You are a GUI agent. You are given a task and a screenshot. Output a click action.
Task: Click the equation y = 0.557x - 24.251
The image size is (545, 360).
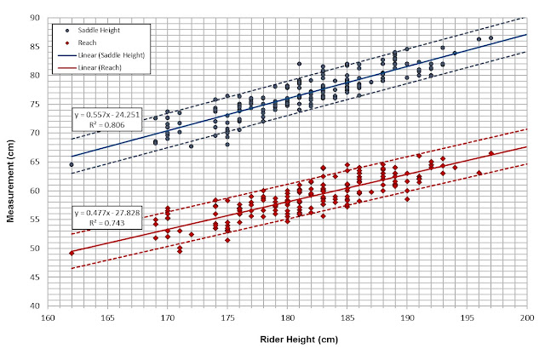107,115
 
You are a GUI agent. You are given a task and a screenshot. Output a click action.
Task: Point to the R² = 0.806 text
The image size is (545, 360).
107,125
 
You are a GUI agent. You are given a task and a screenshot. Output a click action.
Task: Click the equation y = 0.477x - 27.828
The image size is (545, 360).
107,213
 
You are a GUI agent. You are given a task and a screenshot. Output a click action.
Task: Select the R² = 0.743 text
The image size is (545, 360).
107,223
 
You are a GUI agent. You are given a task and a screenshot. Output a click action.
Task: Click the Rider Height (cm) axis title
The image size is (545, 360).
299,340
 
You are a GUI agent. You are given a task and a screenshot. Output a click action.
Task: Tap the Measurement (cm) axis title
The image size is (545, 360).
11,180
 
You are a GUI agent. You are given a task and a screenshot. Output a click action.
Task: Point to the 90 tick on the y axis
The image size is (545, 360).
35,18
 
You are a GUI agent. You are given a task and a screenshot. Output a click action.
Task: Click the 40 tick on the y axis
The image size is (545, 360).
35,306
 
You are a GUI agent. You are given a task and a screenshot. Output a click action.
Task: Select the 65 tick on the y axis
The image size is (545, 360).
35,162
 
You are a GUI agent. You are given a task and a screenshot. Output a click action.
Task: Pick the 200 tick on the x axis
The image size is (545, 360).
527,318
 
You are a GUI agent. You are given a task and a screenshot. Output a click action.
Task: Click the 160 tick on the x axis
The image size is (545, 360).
48,318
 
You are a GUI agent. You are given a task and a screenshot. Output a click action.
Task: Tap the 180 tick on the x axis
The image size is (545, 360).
288,318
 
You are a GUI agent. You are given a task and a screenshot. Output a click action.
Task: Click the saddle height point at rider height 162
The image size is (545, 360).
72,165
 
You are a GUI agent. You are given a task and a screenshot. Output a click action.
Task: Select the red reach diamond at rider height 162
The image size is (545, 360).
72,254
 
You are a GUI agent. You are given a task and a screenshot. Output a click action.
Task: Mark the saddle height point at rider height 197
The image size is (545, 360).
490,38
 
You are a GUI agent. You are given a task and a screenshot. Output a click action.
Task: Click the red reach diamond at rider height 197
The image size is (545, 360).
491,153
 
